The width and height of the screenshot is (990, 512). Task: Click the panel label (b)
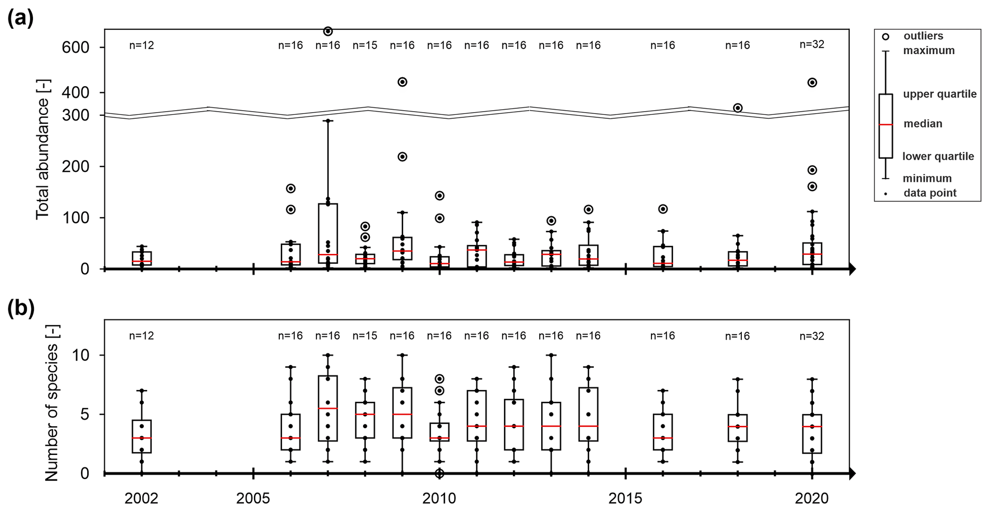[21, 309]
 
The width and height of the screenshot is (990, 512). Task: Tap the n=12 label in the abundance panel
[142, 46]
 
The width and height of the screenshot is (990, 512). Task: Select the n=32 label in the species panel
[812, 336]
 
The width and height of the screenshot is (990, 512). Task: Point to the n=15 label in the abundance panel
[365, 46]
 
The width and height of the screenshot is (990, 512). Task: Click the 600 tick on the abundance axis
[76, 47]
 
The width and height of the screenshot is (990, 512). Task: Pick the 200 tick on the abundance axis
[76, 167]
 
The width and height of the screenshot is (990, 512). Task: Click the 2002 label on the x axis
[141, 499]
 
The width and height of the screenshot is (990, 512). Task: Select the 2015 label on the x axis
[626, 499]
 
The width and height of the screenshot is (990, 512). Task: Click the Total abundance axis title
[43, 149]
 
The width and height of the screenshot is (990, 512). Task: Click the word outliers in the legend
[923, 36]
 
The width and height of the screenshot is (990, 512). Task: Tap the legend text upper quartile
[940, 94]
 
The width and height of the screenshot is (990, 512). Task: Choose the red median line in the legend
[886, 125]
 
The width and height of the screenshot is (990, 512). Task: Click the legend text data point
[930, 193]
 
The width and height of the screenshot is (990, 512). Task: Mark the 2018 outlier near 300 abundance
[738, 108]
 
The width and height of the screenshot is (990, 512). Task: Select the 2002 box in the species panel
[142, 436]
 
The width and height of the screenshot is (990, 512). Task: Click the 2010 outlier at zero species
[439, 473]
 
